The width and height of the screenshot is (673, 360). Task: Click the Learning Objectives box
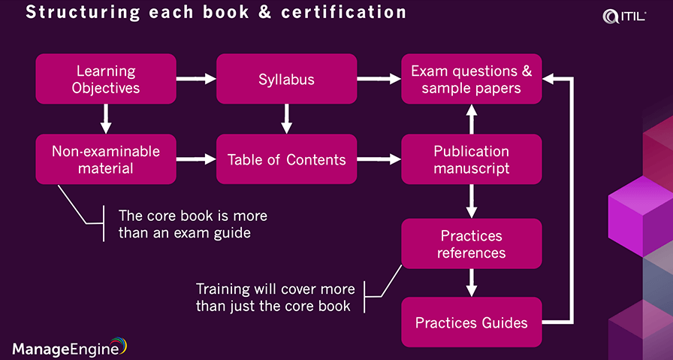(x=106, y=79)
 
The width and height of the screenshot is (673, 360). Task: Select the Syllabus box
(x=286, y=79)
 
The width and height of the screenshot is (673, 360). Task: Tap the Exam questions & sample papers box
(x=471, y=79)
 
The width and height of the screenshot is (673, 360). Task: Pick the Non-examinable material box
(x=106, y=159)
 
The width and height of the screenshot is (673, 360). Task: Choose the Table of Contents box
(x=286, y=159)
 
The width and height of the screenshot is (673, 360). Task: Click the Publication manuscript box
(x=471, y=159)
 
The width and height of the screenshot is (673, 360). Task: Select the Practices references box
(x=471, y=244)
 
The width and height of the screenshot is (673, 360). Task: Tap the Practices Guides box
(x=471, y=323)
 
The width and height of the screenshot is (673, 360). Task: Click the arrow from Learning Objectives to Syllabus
(x=196, y=77)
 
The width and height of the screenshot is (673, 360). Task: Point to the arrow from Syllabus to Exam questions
(x=379, y=77)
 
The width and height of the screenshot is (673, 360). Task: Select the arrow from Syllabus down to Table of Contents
(x=286, y=119)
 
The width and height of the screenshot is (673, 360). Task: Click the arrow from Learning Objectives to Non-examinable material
(x=106, y=119)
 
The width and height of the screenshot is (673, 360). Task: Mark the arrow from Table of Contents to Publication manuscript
(x=379, y=159)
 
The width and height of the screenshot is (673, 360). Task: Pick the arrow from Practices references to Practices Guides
(x=472, y=283)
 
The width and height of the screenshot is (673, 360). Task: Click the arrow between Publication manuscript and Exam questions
(x=472, y=119)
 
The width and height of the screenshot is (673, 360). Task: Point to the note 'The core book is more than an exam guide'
(x=192, y=224)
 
